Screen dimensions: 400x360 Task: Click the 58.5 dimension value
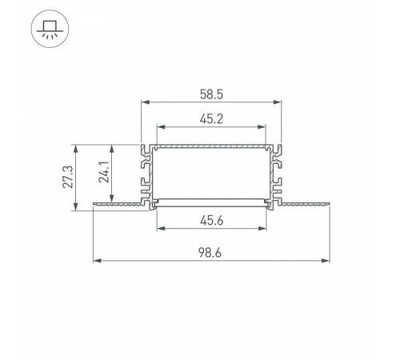pos(211,94)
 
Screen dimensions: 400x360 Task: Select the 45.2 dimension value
pos(211,119)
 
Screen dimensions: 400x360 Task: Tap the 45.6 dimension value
pos(211,221)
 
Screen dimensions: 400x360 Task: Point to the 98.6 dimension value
pos(210,253)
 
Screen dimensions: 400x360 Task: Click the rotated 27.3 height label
pos(68,177)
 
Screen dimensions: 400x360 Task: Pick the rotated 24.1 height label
pos(104,172)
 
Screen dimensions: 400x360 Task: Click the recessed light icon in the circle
pos(50,29)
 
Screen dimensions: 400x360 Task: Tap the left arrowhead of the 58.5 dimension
pos(145,102)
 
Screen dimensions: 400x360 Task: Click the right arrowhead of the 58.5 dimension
pos(278,102)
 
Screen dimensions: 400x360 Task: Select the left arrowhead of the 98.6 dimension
pos(98,261)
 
